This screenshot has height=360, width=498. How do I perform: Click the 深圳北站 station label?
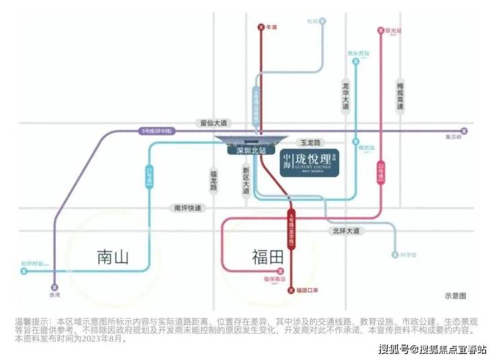(246, 151)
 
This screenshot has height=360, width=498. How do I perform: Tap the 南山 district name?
(112, 256)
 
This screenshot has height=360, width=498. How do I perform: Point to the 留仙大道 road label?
(214, 123)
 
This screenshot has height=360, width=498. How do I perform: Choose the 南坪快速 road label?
(187, 209)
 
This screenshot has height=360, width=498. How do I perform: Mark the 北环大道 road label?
(345, 231)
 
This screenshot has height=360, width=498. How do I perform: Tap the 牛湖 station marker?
(261, 28)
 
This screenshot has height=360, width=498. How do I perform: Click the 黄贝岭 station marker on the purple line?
(462, 131)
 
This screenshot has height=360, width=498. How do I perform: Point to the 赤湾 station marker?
(55, 286)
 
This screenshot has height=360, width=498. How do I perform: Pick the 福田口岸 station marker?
(291, 291)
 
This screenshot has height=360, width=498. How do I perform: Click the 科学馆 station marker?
(395, 255)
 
